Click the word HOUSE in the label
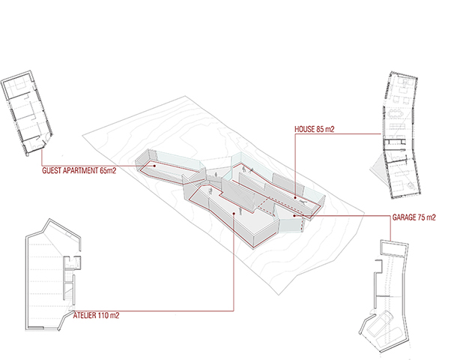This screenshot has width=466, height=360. click(305, 130)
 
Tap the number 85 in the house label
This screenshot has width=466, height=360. click(320, 130)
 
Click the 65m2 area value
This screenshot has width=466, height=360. click(108, 170)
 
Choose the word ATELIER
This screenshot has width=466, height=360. click(85, 315)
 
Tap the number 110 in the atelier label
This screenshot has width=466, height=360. click(103, 315)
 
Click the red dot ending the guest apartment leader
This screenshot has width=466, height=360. click(154, 166)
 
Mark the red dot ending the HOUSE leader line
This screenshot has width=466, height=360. click(295, 197)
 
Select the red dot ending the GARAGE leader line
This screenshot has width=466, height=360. click(294, 216)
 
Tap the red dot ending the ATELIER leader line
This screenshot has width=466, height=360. click(234, 213)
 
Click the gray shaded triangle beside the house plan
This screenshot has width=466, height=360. click(378, 169)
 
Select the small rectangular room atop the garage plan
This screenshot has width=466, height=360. click(393, 248)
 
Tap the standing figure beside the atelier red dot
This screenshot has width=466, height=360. click(240, 211)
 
